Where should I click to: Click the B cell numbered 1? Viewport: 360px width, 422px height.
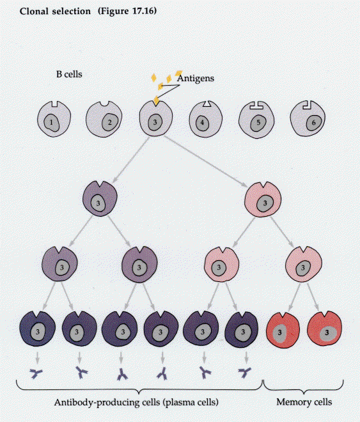(54, 119)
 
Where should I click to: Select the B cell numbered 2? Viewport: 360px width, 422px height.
(104, 119)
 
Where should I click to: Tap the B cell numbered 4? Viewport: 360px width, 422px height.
(206, 119)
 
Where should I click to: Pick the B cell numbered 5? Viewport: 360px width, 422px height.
(256, 120)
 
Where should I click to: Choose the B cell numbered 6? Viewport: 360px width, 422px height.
(308, 118)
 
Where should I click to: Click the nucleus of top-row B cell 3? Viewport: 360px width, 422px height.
(155, 122)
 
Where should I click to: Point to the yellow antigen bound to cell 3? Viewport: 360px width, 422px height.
(156, 100)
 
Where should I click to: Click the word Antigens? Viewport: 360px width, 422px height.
(196, 78)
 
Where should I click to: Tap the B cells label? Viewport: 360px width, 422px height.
(69, 74)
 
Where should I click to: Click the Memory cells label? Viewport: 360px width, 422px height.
(304, 402)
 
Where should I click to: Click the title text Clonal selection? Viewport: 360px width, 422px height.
(55, 12)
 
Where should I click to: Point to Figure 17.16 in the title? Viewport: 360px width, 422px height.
(127, 11)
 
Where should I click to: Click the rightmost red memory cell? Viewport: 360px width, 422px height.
(324, 329)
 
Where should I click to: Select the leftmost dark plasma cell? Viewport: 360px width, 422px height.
(37, 329)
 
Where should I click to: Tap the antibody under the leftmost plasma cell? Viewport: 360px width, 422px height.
(36, 373)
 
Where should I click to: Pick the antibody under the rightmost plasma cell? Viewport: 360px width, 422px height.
(244, 373)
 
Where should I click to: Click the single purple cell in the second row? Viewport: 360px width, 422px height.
(100, 199)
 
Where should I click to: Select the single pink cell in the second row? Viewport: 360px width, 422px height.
(263, 199)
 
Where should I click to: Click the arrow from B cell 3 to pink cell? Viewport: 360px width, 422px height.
(205, 161)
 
